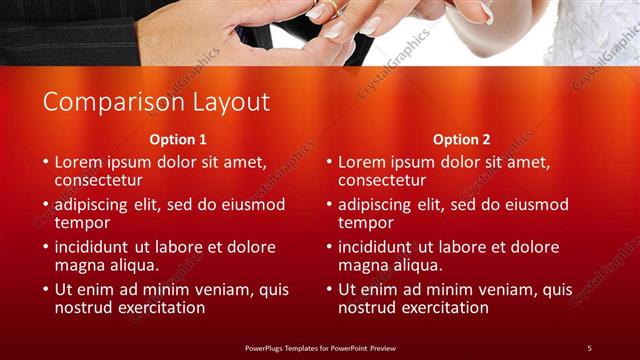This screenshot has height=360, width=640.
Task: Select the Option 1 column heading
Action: pyautogui.click(x=178, y=139)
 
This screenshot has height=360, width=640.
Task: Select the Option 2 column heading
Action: pyautogui.click(x=462, y=139)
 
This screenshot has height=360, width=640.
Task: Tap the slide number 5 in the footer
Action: pyautogui.click(x=589, y=347)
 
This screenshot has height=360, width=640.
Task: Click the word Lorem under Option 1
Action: pyautogui.click(x=79, y=161)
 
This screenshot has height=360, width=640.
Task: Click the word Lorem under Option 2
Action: pyautogui.click(x=363, y=161)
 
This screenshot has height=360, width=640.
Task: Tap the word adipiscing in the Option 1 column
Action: pyautogui.click(x=97, y=204)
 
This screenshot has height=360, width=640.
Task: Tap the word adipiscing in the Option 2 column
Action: pyautogui.click(x=381, y=204)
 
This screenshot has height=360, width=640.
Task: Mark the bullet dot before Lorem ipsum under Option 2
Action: pyautogui.click(x=329, y=162)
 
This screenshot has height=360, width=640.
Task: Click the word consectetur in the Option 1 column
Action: pyautogui.click(x=98, y=180)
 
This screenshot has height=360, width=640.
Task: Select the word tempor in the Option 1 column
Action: pyautogui.click(x=81, y=222)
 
